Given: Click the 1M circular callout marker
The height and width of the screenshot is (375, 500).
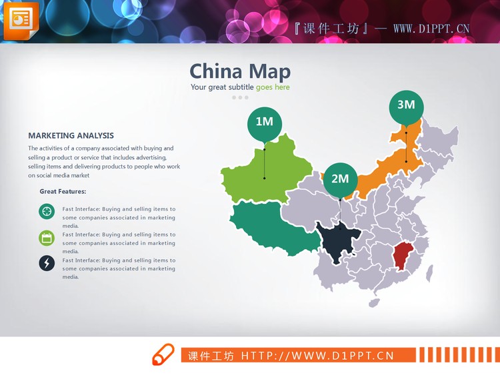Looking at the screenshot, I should coord(265,122).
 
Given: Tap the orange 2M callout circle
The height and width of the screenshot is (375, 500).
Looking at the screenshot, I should coord(340,179).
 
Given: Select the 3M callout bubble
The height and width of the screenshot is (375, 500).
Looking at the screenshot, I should coord(406,105).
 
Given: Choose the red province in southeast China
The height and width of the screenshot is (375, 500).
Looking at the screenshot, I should coord(402,256).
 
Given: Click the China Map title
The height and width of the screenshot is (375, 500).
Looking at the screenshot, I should coord(240,72).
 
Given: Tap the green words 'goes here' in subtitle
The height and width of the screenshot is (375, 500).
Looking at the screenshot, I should coord(273,87).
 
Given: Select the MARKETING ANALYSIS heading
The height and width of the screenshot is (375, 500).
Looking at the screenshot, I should coord(71,136).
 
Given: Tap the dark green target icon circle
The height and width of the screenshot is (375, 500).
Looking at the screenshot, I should coord(47,212).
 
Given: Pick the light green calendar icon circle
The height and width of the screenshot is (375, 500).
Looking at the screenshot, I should coord(47,238).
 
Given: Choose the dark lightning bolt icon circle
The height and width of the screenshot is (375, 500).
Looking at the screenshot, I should coord(47,263).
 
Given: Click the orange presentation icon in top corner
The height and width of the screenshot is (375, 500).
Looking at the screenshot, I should coord(21,20).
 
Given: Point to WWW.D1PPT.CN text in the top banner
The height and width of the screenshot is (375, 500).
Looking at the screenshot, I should coord(431,29).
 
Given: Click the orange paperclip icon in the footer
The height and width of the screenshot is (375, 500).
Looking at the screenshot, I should coord(163,355).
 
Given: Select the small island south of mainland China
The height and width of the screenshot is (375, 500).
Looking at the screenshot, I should coord(374,304).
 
